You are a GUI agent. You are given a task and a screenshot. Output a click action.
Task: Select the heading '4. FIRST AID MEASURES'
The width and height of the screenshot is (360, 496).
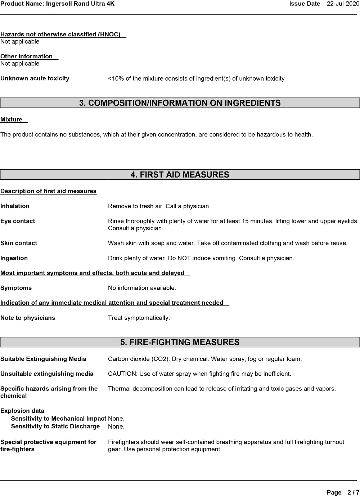180,175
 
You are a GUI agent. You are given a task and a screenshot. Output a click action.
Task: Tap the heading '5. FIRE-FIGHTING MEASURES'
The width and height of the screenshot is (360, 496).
180,342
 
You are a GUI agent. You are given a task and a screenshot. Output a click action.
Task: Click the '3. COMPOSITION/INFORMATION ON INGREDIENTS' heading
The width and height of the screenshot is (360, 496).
180,103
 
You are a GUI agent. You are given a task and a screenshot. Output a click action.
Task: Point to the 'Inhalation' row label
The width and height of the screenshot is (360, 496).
15,206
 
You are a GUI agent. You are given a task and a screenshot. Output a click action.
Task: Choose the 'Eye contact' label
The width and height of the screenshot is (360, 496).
18,221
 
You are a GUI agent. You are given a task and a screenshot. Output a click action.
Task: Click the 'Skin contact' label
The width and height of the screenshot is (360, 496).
19,243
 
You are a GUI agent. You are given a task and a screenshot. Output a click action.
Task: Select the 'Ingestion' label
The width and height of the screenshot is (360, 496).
14,258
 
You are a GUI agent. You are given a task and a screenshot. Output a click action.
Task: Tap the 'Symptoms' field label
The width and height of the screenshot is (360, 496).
16,288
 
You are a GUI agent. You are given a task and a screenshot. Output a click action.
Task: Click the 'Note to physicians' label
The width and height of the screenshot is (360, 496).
28,318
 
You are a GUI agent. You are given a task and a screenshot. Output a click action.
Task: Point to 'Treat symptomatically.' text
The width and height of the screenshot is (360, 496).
139,318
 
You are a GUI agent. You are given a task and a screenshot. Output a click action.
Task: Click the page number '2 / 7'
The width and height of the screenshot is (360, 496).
353,492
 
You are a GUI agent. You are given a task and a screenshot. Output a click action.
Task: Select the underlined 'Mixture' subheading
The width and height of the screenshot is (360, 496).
12,120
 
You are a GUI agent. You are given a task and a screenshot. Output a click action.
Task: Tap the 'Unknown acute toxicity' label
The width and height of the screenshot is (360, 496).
35,79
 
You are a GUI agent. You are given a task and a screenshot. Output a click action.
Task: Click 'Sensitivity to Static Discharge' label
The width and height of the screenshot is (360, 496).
55,426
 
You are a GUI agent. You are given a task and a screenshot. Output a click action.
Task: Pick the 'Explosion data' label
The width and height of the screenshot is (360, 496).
22,411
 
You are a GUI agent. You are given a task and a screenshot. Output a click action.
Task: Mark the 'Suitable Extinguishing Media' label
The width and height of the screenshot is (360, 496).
43,359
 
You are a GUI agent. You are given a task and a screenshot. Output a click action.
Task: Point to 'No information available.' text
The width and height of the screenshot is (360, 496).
142,288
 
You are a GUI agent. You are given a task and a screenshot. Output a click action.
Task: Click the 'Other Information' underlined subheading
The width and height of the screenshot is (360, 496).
27,57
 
